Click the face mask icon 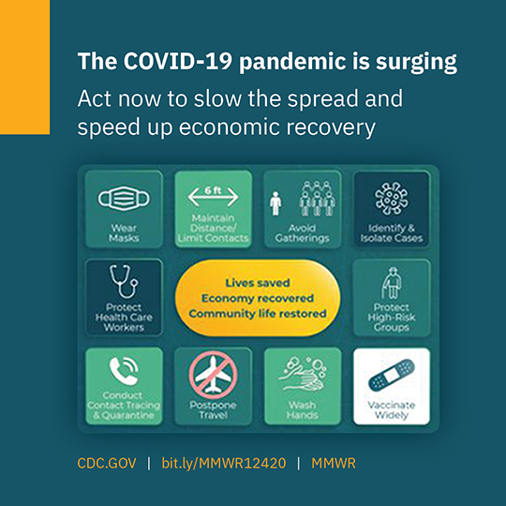pos(124,199)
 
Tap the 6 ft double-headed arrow pos(213,197)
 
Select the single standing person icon pos(275,203)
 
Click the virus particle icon pos(391,198)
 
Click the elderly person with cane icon pos(391,283)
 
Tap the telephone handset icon pos(124,371)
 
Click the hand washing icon pos(303,374)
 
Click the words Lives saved pos(258,283)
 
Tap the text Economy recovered pos(258,298)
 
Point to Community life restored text pos(258,314)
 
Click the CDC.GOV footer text pos(107,463)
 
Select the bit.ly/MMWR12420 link pos(224,463)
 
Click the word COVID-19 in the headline pos(178,61)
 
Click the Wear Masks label pos(124,233)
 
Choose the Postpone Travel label pos(213,409)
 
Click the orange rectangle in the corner pos(25,67)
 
